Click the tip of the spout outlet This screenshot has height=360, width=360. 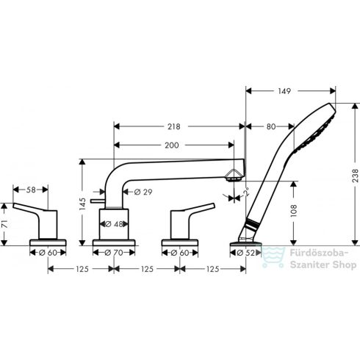[235, 176]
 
